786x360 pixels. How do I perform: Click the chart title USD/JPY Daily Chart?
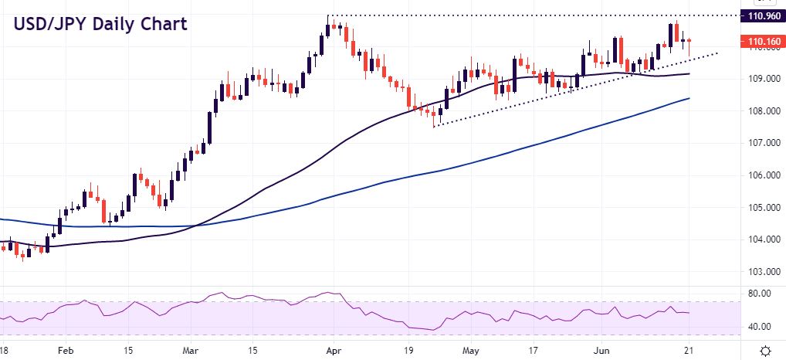click(99, 24)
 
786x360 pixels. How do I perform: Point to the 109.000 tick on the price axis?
click(761, 79)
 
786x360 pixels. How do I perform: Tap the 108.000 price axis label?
click(761, 110)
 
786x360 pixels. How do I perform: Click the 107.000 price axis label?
click(761, 143)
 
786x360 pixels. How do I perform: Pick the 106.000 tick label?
click(761, 175)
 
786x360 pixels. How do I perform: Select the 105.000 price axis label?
click(761, 208)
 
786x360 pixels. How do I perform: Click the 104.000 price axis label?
click(761, 239)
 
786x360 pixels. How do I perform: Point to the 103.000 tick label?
click(761, 272)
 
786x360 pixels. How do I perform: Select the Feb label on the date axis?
click(67, 350)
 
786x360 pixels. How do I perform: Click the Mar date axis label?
click(192, 350)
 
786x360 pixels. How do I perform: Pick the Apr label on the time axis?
click(334, 350)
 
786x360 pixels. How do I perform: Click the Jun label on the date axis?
click(606, 350)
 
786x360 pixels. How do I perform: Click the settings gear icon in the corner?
click(765, 350)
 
